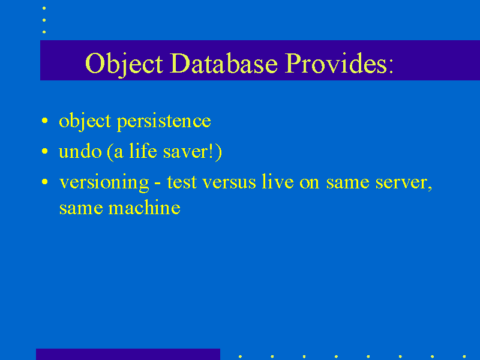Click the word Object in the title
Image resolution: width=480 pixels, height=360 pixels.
(x=124, y=64)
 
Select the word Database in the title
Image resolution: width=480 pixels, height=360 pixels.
(x=224, y=63)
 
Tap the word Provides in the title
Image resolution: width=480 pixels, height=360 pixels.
(x=336, y=63)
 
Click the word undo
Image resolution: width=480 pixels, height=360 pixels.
(x=80, y=152)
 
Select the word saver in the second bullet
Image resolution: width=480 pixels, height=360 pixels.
(x=185, y=152)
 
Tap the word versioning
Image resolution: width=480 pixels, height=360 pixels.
(x=104, y=183)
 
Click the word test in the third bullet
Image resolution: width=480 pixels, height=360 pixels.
(x=182, y=182)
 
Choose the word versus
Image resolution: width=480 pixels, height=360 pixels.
(x=229, y=183)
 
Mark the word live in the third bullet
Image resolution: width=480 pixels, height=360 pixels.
(x=278, y=182)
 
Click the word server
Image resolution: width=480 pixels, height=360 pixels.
(x=404, y=183)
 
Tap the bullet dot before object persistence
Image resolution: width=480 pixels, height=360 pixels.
(x=44, y=121)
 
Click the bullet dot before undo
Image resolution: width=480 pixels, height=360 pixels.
(x=44, y=151)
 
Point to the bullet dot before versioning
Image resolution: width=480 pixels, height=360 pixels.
(x=44, y=182)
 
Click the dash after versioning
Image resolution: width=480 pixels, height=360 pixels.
(x=157, y=184)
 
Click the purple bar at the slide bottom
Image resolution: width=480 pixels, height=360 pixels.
(x=128, y=354)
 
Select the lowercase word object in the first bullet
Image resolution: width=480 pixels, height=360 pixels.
(x=85, y=122)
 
